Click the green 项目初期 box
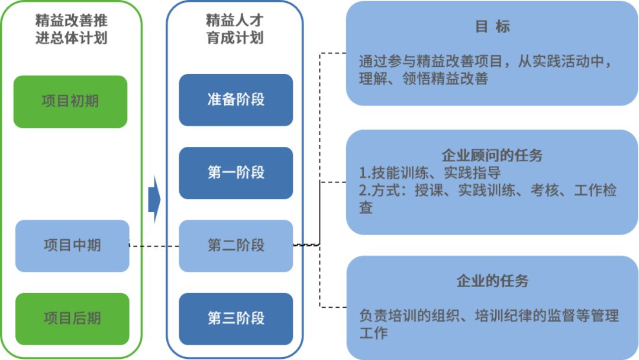click(70, 101)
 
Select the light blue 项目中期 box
click(72, 246)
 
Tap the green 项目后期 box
click(72, 319)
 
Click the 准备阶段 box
click(235, 100)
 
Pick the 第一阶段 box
click(235, 173)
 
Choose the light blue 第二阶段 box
click(235, 246)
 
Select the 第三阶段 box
click(235, 319)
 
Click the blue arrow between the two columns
click(154, 201)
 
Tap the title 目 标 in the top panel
click(492, 27)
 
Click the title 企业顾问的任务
click(492, 156)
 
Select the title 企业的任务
click(492, 281)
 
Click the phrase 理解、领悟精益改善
click(424, 79)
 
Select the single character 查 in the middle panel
click(366, 207)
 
